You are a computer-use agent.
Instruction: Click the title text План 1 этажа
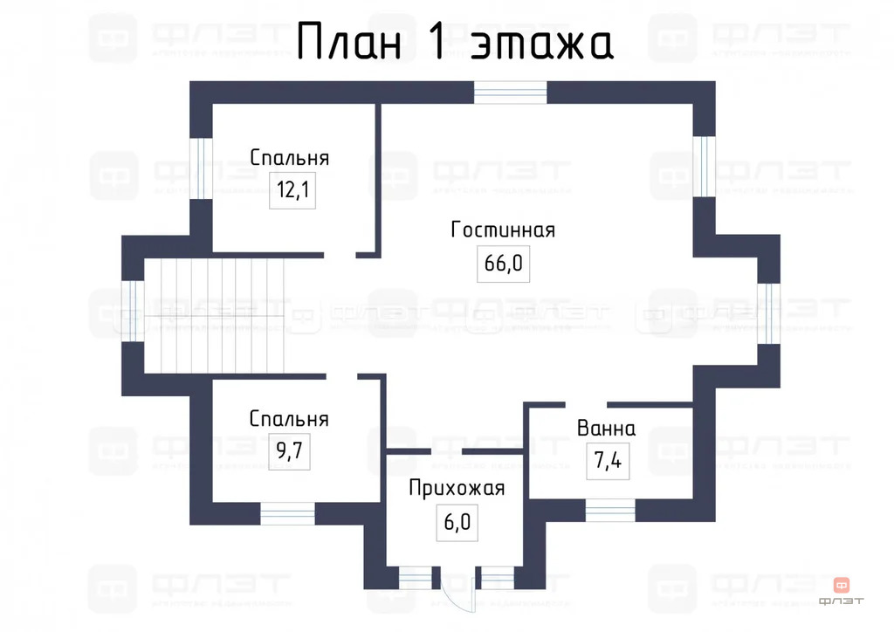454,42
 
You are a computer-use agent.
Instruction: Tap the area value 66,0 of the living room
503,264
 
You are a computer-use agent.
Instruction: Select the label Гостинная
503,230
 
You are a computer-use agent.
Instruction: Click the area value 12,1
292,190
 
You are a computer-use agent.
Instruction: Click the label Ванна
606,429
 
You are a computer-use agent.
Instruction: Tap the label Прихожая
457,488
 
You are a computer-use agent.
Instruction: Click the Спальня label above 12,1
289,158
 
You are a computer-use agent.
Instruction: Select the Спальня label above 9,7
288,419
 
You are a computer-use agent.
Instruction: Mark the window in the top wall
511,92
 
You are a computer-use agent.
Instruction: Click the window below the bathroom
610,511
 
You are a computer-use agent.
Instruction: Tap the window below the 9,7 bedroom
287,514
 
